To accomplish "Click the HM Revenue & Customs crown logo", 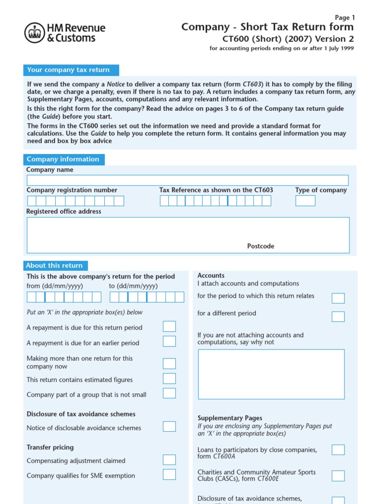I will (x=34, y=32).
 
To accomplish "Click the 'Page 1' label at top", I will (x=345, y=17).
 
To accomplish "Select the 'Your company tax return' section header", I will (x=68, y=70).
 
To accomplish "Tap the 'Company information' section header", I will (x=63, y=159).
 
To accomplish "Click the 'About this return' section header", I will (x=55, y=265).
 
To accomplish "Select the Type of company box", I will (x=305, y=201).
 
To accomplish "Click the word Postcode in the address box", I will (x=260, y=246).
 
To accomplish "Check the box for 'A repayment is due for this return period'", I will (x=169, y=326).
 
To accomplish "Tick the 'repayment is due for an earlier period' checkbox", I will (x=169, y=342).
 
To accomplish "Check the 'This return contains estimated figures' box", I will (x=169, y=378).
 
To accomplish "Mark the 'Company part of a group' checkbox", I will (x=169, y=393).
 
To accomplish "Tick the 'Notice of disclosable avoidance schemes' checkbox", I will (x=169, y=427).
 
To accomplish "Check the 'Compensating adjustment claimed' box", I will (x=169, y=460).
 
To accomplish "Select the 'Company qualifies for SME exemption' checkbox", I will (x=169, y=474).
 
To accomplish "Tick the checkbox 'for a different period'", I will (x=338, y=316).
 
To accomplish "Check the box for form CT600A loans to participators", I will (x=338, y=450).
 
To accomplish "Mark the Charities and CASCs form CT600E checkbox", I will (x=338, y=475).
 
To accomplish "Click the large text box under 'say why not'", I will (x=271, y=374).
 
